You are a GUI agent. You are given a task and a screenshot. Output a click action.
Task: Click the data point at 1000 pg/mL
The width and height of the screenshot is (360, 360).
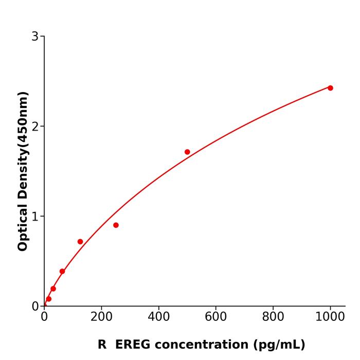click(330, 88)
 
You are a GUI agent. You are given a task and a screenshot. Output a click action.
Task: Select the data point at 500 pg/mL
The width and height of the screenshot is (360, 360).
click(187, 152)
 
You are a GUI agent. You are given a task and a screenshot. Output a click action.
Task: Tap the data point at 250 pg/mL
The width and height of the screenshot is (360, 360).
click(116, 225)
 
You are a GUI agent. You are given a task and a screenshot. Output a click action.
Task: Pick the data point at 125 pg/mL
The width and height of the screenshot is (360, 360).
click(80, 242)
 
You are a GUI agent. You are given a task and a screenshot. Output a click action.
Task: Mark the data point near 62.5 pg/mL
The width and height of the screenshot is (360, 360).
click(62, 271)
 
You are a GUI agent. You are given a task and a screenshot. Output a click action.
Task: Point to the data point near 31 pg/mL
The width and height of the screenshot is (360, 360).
click(53, 289)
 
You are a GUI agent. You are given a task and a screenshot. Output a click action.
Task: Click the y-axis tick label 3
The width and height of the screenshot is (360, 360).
click(35, 37)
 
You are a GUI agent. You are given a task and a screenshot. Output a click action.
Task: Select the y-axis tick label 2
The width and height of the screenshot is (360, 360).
click(35, 127)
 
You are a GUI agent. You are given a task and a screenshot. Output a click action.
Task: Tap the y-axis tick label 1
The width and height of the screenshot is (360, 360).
click(35, 217)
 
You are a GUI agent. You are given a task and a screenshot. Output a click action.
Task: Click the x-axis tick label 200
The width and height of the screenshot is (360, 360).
click(101, 317)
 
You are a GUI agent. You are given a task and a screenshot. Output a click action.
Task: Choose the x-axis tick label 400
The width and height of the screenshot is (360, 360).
click(158, 317)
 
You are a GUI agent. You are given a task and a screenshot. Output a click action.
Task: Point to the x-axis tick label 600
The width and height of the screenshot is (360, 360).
click(216, 317)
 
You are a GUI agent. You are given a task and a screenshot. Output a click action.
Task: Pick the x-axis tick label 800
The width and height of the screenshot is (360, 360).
click(273, 317)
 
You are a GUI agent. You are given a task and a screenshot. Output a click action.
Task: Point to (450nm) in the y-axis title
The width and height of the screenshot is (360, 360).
click(23, 120)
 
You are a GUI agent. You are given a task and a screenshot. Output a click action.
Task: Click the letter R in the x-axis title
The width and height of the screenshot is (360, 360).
click(102, 345)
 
